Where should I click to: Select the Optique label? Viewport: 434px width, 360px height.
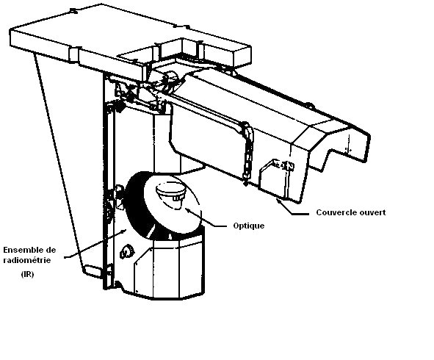248,226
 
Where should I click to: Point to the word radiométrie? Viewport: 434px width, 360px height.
27,260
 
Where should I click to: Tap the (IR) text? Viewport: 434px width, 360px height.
27,275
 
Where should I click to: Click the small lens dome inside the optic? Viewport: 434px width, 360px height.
170,191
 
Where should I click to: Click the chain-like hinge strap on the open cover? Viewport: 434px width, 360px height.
247,152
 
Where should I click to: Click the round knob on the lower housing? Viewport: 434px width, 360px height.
126,252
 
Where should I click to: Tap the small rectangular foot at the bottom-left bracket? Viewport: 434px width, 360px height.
93,270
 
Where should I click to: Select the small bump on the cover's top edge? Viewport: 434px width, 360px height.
309,105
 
